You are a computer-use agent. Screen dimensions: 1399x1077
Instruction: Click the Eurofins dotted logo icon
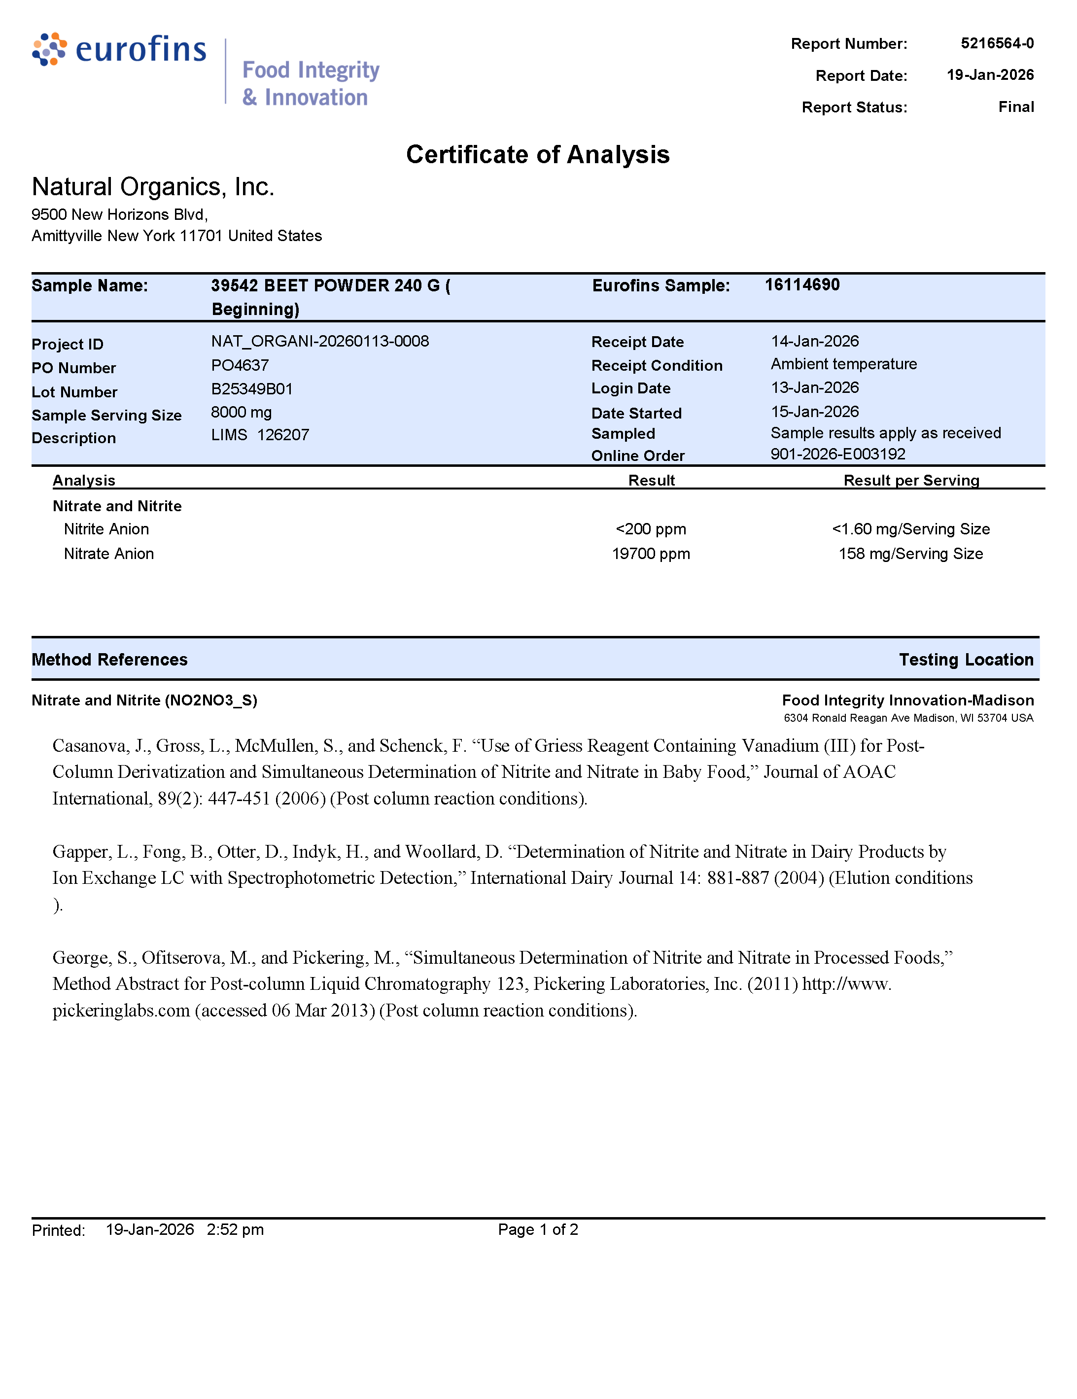(49, 49)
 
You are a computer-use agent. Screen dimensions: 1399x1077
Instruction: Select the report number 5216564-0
(996, 43)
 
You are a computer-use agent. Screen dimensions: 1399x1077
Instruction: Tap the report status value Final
(1015, 107)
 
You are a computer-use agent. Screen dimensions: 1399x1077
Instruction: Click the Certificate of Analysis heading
(538, 155)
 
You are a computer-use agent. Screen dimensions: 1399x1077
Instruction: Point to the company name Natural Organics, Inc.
(153, 187)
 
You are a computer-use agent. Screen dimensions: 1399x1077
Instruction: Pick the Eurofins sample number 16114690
(801, 285)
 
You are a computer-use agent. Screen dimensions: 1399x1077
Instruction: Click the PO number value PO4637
(240, 365)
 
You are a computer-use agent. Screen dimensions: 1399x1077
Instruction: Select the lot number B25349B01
(252, 389)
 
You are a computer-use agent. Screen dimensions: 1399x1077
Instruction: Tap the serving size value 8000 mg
(241, 412)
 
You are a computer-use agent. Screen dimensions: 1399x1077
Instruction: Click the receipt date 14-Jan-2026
(814, 342)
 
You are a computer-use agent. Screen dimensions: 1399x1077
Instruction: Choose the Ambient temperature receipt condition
(843, 364)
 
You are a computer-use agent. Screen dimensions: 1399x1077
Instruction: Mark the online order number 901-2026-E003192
(837, 454)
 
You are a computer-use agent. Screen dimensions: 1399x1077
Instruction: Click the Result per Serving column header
(910, 481)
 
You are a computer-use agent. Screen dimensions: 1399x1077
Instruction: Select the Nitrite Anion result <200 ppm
(650, 529)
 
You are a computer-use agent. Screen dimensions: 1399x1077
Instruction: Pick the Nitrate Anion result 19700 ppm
(650, 554)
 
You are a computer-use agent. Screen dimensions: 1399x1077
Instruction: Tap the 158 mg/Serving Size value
(910, 554)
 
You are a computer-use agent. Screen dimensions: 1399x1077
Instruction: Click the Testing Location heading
(966, 660)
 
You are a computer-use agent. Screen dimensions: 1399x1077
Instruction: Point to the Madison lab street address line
(908, 718)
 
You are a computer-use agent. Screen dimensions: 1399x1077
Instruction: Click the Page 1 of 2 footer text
(538, 1229)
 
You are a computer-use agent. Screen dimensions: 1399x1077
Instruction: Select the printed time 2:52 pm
(235, 1229)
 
